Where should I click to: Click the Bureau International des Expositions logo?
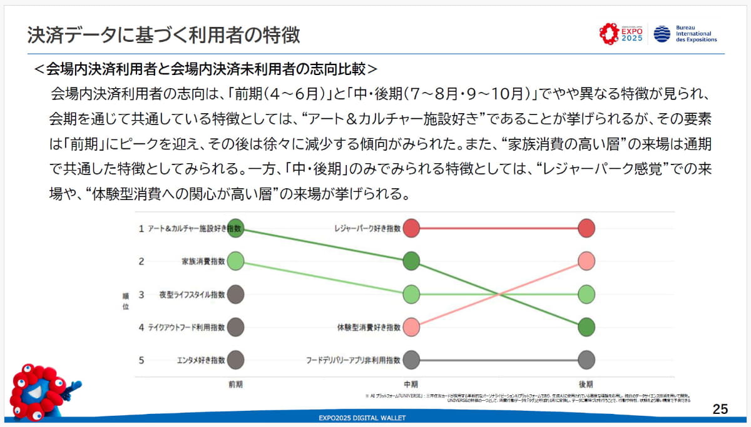point(685,34)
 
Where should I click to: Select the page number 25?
point(720,409)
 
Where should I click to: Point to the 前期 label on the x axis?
point(235,384)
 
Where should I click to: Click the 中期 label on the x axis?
point(411,384)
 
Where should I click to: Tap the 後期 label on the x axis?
point(586,384)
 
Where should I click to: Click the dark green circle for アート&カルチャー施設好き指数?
point(235,229)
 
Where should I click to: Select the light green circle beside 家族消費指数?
point(235,261)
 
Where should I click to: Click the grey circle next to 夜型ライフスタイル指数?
point(235,294)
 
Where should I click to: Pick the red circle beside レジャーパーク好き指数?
point(411,229)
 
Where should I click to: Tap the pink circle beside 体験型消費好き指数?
point(411,326)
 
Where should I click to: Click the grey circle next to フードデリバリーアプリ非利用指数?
point(411,360)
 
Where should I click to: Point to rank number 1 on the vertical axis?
point(141,229)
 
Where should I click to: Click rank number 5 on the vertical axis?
point(141,360)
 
